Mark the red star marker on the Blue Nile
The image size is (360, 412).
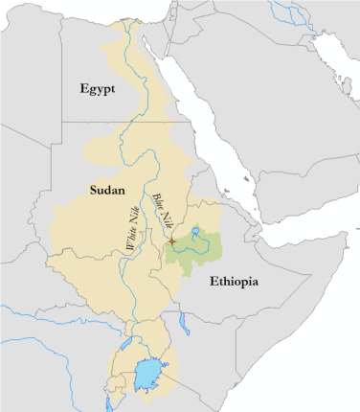[x=171, y=240]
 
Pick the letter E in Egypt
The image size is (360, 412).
[x=85, y=88]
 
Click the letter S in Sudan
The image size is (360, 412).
[x=93, y=190]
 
